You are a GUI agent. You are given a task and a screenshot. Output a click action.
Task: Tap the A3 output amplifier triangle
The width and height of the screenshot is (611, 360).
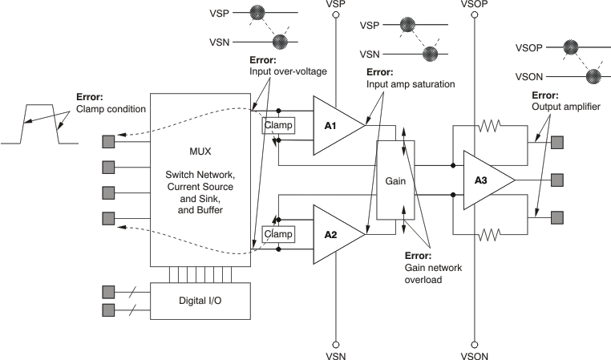pos(484,181)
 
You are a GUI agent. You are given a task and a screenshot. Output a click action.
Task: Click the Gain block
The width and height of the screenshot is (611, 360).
pos(396,180)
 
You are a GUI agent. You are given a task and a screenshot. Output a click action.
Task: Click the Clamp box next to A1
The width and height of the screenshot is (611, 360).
pos(278,125)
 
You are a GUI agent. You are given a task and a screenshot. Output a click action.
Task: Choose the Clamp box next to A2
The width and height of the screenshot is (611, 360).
pos(278,234)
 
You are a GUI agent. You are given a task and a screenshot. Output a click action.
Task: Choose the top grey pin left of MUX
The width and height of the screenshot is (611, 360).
pos(108,142)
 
